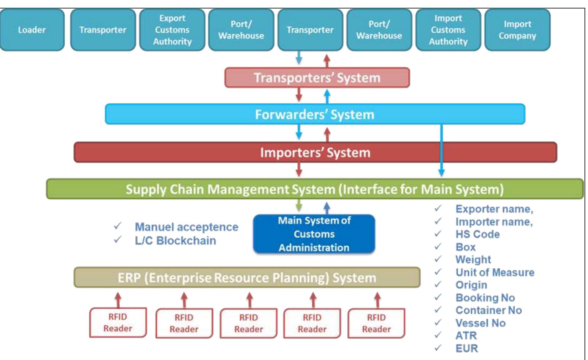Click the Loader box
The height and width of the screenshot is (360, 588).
click(x=32, y=30)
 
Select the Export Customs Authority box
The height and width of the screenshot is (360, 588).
click(x=172, y=30)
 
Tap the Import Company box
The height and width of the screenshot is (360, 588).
click(x=517, y=30)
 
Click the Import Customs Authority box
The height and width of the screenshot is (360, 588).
click(x=448, y=30)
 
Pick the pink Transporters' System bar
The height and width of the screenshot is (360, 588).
click(x=317, y=78)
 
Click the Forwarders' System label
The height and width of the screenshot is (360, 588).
click(x=315, y=115)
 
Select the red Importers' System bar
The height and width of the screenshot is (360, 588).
click(x=315, y=153)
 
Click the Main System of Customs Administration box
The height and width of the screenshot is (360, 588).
click(x=314, y=234)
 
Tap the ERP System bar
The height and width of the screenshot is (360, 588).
click(x=247, y=278)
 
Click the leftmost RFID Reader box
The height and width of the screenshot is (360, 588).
click(x=118, y=323)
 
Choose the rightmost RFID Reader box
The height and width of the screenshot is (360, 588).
click(x=376, y=323)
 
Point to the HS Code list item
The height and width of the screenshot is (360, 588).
click(x=477, y=234)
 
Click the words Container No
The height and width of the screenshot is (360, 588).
click(x=488, y=310)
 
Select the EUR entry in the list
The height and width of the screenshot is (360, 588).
click(x=466, y=348)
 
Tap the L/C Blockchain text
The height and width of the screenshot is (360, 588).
click(x=175, y=241)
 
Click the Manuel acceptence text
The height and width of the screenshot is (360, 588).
click(x=186, y=227)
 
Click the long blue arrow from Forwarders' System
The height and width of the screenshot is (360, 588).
click(x=441, y=150)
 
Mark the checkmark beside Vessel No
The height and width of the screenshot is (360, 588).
click(x=438, y=322)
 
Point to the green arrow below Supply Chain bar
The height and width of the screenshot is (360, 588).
click(x=299, y=206)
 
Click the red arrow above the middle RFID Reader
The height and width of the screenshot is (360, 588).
click(x=249, y=300)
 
